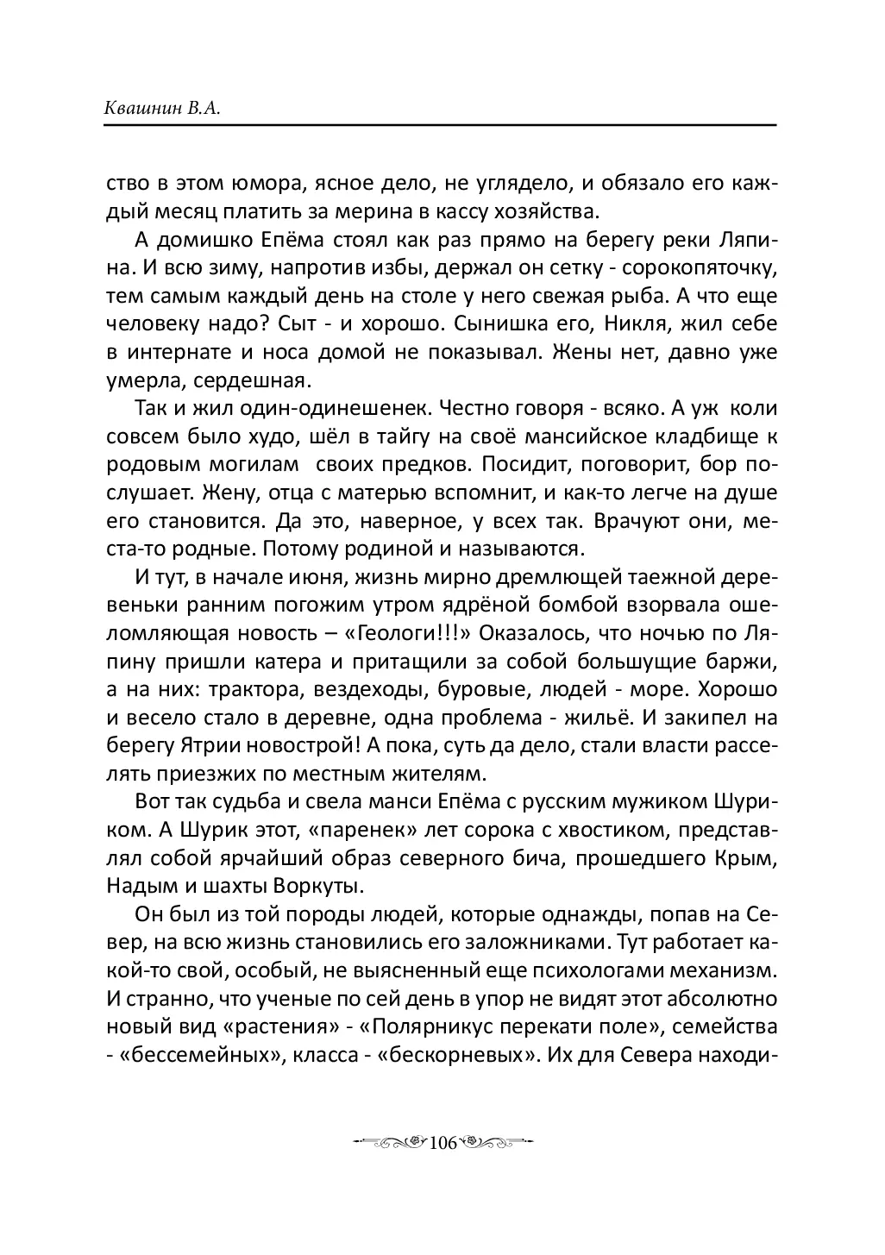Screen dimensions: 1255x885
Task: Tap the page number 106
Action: point(441,1144)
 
